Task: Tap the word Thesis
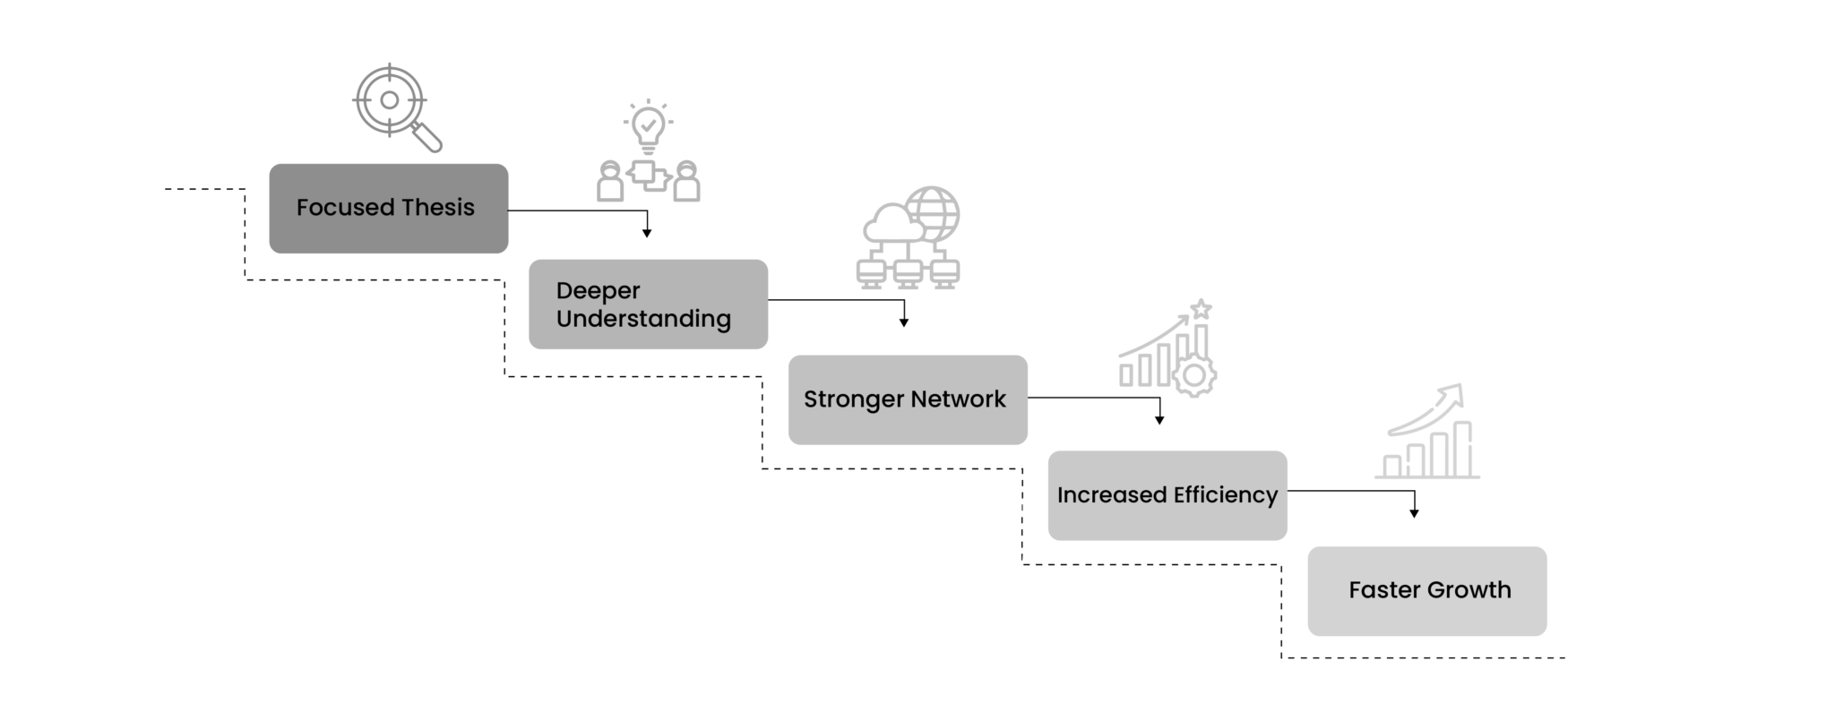click(x=438, y=208)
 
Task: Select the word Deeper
click(x=598, y=291)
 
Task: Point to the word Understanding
click(x=643, y=319)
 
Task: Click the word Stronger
click(x=854, y=399)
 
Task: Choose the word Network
click(x=958, y=399)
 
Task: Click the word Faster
click(x=1384, y=590)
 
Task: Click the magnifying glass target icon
click(x=389, y=100)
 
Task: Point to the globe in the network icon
click(x=935, y=211)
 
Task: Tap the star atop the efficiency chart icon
click(x=1202, y=309)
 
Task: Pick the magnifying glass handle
click(x=429, y=139)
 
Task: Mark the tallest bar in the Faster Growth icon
click(x=1462, y=449)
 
